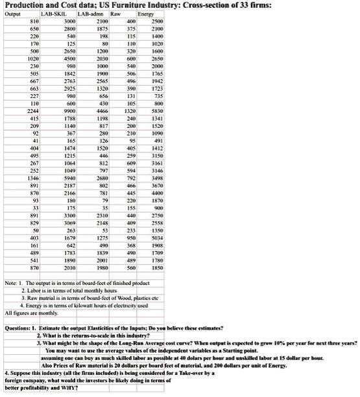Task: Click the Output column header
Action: point(14,14)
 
